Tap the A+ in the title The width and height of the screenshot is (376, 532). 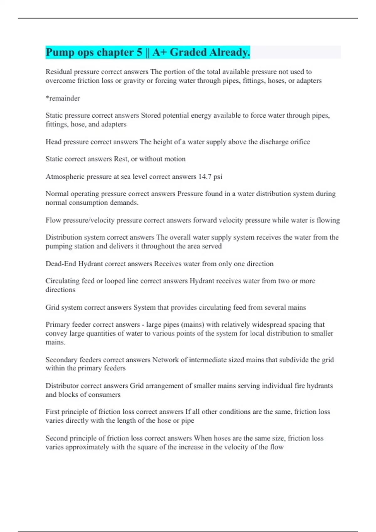159,52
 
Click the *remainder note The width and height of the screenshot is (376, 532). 63,98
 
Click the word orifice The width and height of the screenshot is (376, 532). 300,142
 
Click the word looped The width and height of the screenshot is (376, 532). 115,281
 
